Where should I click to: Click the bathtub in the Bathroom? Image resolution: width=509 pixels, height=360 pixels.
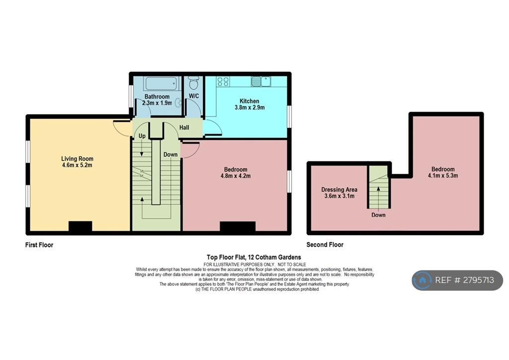pyautogui.click(x=162, y=84)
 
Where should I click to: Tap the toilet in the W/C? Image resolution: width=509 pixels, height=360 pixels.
pyautogui.click(x=194, y=83)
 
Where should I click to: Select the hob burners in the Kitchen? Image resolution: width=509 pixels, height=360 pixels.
pyautogui.click(x=223, y=82)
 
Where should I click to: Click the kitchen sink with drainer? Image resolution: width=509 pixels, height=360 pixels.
pyautogui.click(x=260, y=82)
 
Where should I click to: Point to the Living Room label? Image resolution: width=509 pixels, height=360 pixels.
pyautogui.click(x=77, y=159)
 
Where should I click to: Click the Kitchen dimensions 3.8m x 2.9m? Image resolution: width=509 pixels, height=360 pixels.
pyautogui.click(x=250, y=107)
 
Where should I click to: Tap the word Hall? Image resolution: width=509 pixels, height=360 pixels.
pyautogui.click(x=184, y=128)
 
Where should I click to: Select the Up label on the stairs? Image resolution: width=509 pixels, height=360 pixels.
pyautogui.click(x=142, y=136)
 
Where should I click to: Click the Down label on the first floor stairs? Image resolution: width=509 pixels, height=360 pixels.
pyautogui.click(x=170, y=155)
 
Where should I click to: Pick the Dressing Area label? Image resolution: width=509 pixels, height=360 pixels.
pyautogui.click(x=339, y=189)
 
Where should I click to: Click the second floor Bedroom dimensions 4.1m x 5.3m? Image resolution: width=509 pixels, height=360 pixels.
pyautogui.click(x=443, y=176)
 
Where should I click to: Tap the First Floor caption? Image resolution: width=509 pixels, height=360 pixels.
pyautogui.click(x=39, y=245)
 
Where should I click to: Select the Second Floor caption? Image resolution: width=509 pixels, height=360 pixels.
pyautogui.click(x=325, y=245)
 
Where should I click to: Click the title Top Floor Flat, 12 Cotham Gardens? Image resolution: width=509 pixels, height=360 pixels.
pyautogui.click(x=254, y=258)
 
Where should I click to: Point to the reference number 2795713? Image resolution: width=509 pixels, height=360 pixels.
pyautogui.click(x=479, y=280)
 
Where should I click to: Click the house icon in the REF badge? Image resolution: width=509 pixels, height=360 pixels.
pyautogui.click(x=423, y=280)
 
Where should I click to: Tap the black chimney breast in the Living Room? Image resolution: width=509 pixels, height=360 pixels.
pyautogui.click(x=80, y=226)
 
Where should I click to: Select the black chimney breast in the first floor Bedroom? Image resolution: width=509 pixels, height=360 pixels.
pyautogui.click(x=238, y=227)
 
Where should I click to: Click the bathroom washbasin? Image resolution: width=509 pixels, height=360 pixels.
pyautogui.click(x=178, y=102)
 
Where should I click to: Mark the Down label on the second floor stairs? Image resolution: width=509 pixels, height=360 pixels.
pyautogui.click(x=378, y=215)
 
